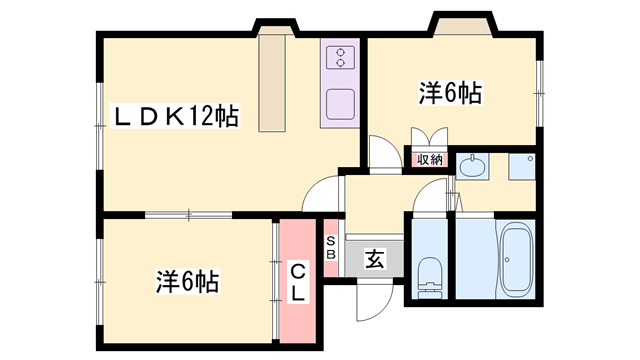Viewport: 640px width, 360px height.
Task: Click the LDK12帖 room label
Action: [175, 117]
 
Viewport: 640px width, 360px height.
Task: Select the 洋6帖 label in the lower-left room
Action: [187, 281]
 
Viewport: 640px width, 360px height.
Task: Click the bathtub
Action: [517, 260]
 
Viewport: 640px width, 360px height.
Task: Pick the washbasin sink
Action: [471, 166]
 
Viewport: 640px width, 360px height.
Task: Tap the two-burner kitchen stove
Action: [340, 57]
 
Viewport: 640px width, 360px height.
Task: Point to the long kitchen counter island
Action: [273, 85]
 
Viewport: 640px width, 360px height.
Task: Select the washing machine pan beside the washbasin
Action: [522, 166]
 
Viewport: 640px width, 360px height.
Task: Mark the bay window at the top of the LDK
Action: [274, 25]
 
